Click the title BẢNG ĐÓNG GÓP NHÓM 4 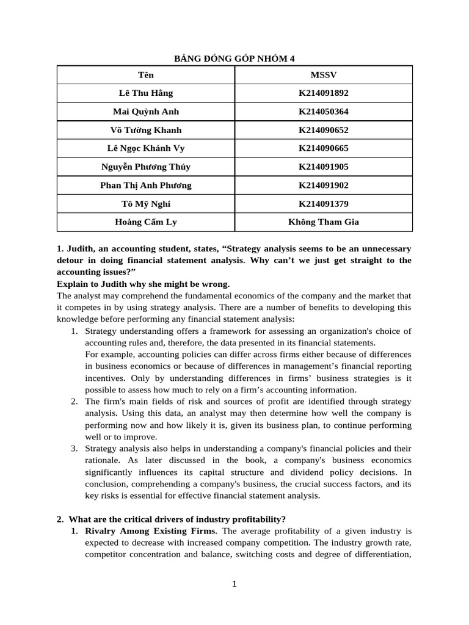click(234, 58)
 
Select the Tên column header click(146, 75)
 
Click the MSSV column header click(323, 75)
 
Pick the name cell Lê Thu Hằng click(146, 93)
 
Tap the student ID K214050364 click(323, 112)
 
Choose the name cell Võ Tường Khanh click(146, 130)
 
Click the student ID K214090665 click(323, 148)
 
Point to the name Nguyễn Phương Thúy click(146, 167)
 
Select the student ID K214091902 click(323, 186)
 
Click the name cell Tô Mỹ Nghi click(146, 204)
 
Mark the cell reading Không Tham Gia click(323, 222)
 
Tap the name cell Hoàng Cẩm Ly click(146, 222)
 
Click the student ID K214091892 click(323, 93)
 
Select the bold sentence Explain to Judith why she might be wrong click(144, 284)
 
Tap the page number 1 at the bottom click(234, 584)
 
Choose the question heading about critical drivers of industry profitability click(176, 519)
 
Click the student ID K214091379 click(323, 204)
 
